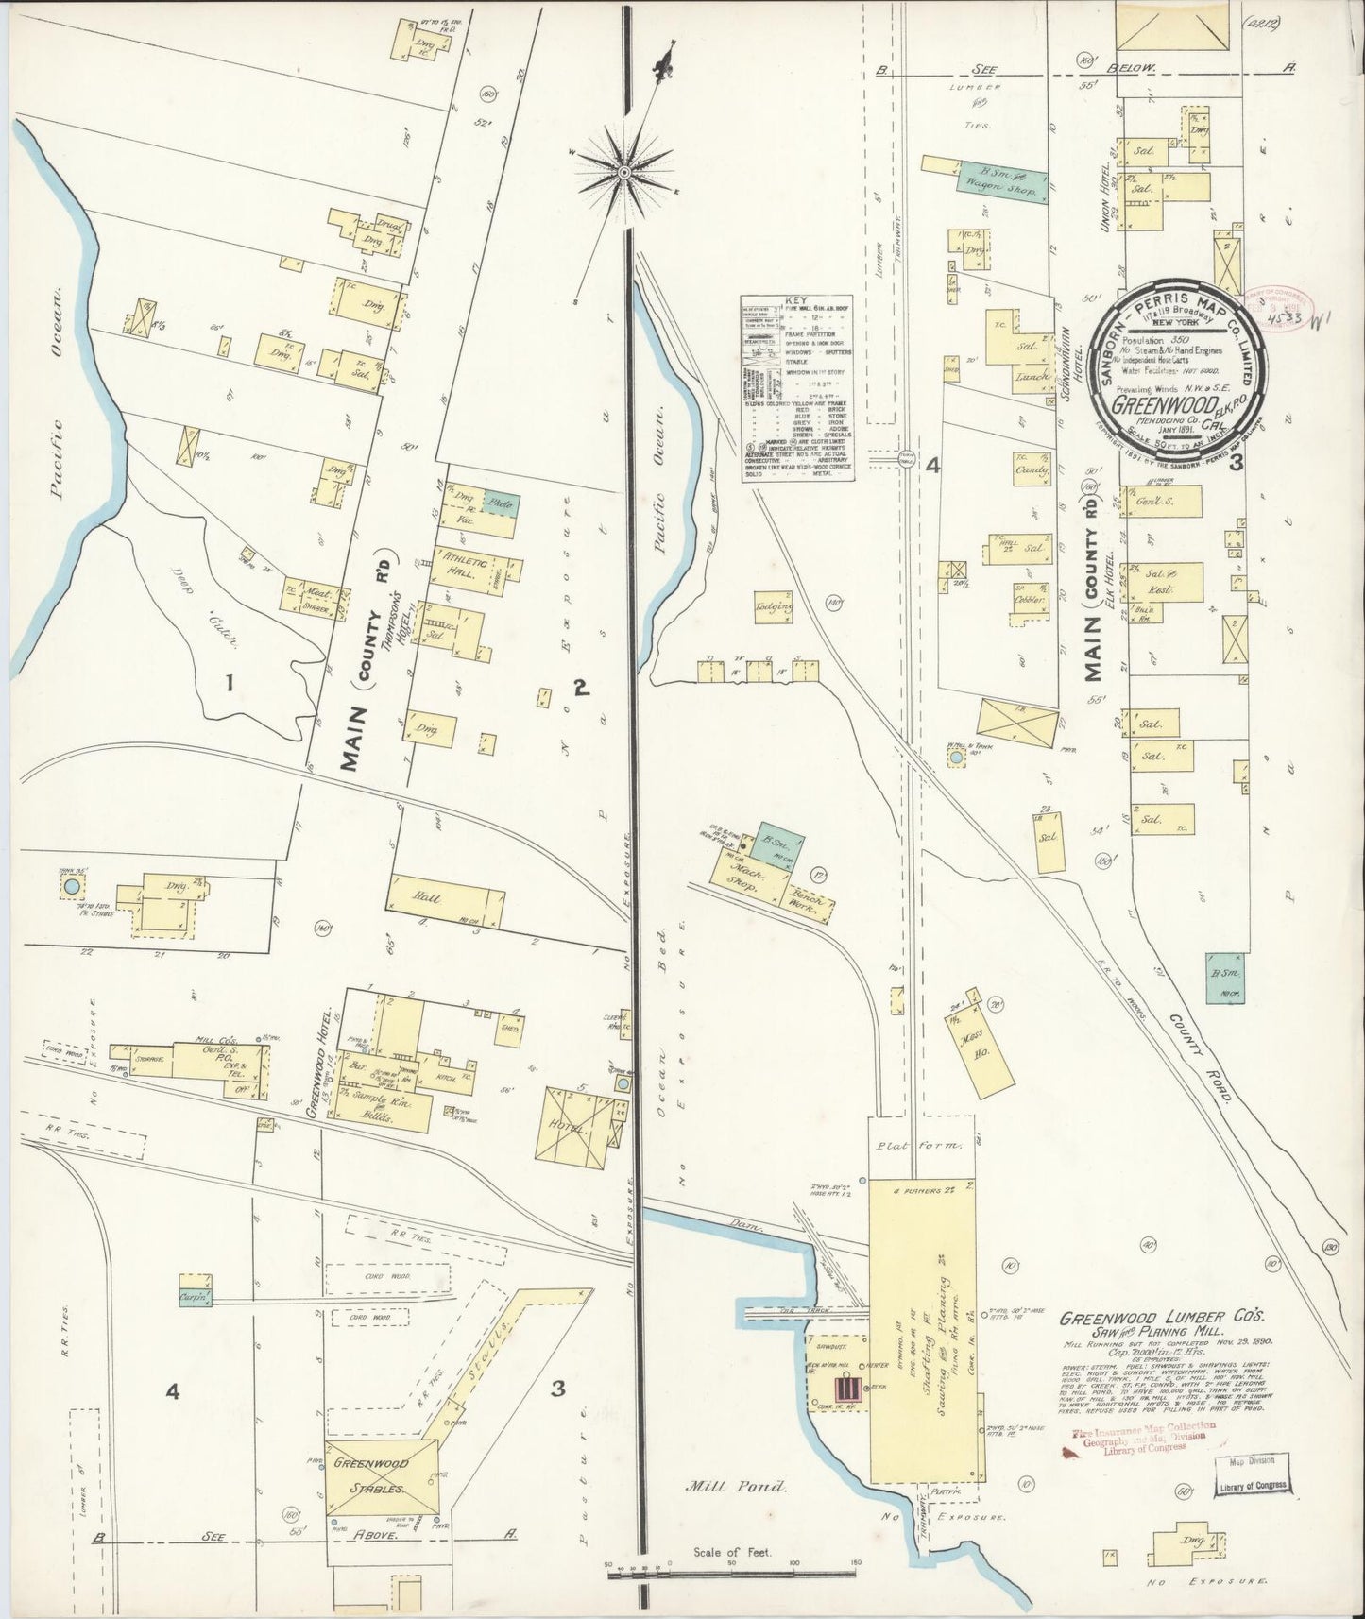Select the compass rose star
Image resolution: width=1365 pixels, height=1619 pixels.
(623, 171)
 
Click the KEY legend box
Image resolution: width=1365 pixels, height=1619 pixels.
(798, 388)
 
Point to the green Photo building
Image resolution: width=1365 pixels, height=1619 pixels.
(501, 504)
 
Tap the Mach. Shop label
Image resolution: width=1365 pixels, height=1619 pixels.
(743, 873)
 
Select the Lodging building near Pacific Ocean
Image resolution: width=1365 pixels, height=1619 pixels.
(775, 607)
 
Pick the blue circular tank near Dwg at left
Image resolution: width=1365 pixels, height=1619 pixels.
(71, 887)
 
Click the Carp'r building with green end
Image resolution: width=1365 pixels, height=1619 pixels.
(196, 1299)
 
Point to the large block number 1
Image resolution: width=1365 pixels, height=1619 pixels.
(230, 682)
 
